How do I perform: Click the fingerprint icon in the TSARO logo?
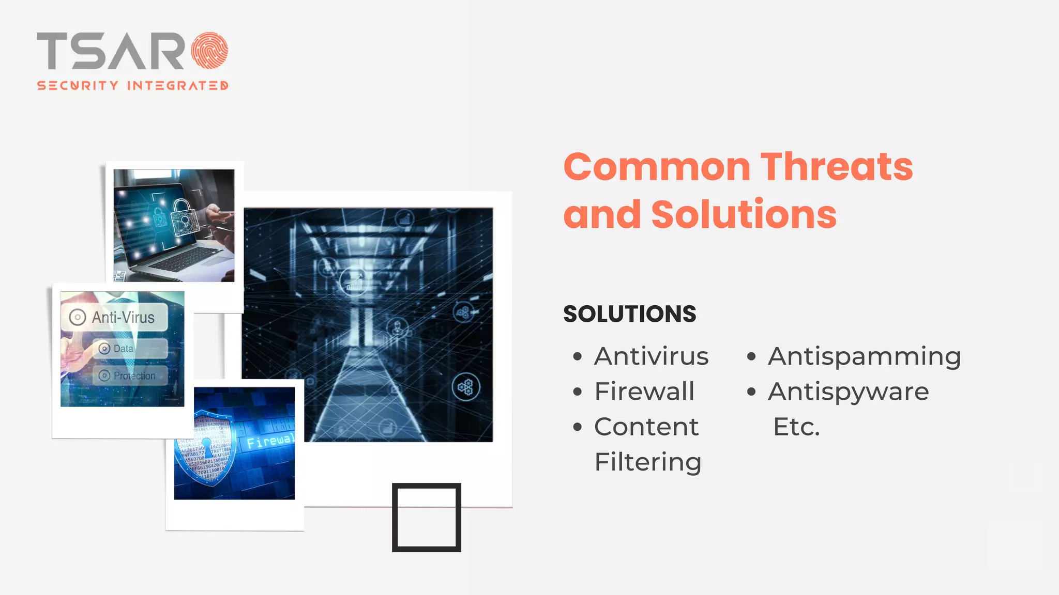(x=209, y=51)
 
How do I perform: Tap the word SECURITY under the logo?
(x=78, y=86)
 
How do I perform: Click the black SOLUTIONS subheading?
(x=629, y=314)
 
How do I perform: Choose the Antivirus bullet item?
(x=651, y=356)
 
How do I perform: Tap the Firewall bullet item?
(x=644, y=392)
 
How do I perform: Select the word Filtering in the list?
(x=648, y=462)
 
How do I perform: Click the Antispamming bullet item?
(x=864, y=356)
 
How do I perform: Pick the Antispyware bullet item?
(x=848, y=392)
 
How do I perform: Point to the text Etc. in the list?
(x=796, y=427)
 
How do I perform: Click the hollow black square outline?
(x=426, y=518)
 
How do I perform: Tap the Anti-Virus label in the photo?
(x=123, y=317)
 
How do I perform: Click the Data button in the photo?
(x=123, y=349)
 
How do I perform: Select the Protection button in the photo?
(x=134, y=375)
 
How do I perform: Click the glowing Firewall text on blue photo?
(x=270, y=441)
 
